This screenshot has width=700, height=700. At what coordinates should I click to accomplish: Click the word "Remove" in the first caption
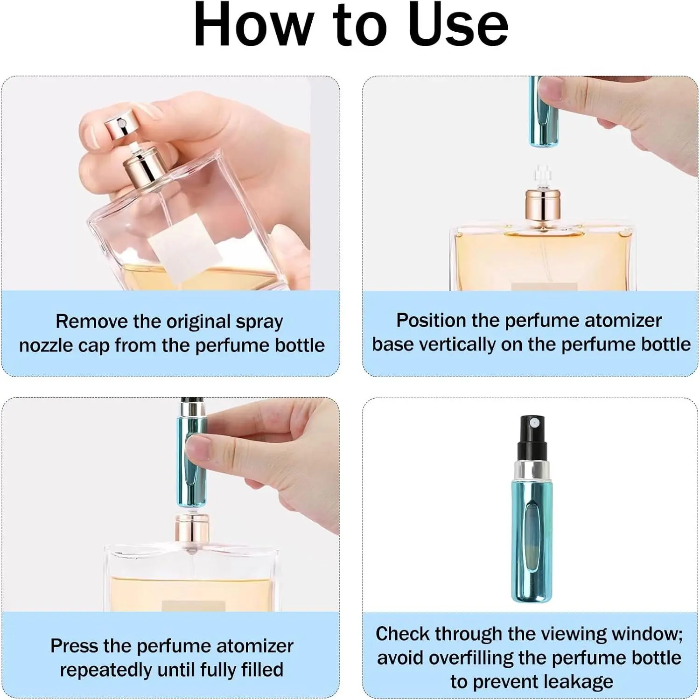(x=91, y=322)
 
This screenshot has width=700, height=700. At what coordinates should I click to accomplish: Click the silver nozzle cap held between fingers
(x=119, y=124)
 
